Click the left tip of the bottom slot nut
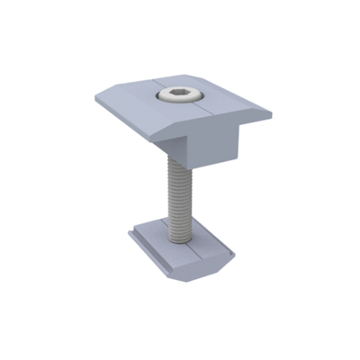(129, 232)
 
